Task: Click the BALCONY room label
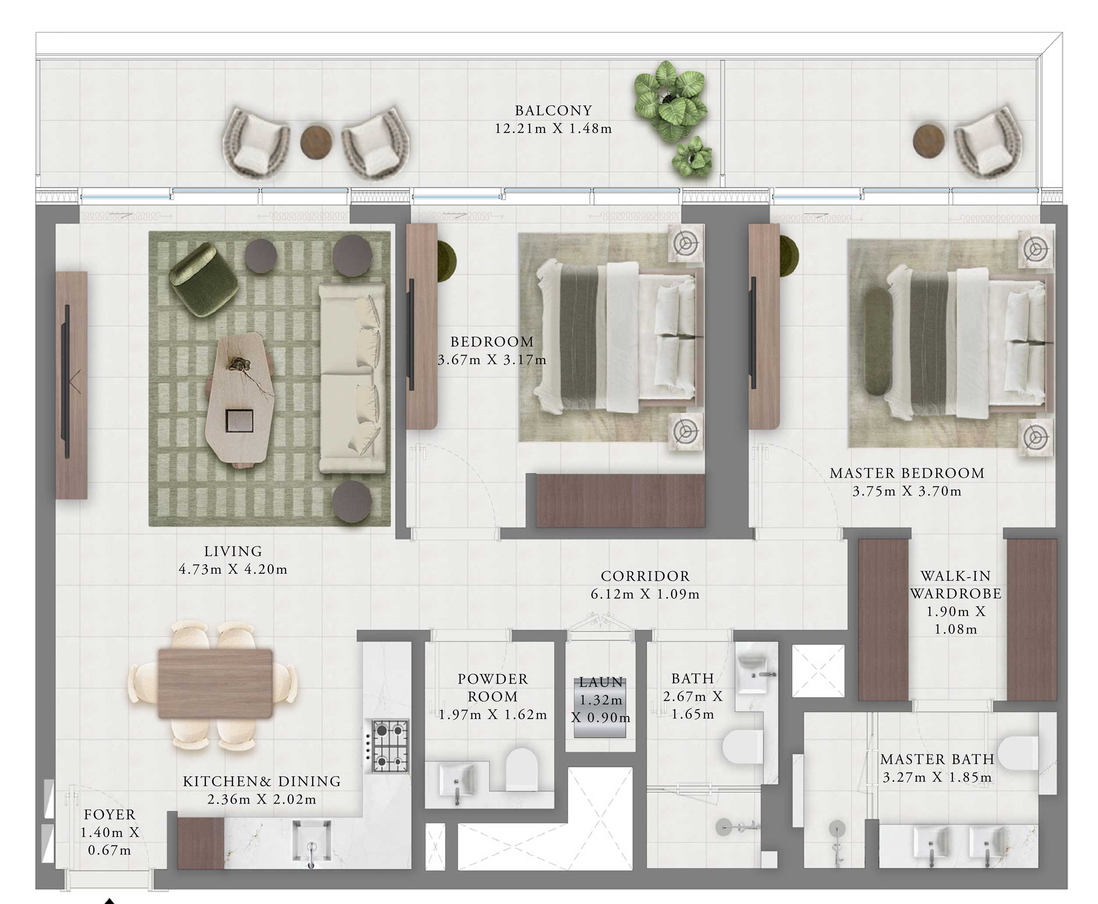pyautogui.click(x=553, y=111)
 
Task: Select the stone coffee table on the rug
pyautogui.click(x=239, y=398)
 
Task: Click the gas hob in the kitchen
pyautogui.click(x=390, y=746)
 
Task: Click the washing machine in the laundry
pyautogui.click(x=600, y=707)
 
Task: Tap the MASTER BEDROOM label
pyautogui.click(x=906, y=473)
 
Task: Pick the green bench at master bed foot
pyautogui.click(x=877, y=341)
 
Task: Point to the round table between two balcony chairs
pyautogui.click(x=316, y=141)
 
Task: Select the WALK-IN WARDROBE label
pyautogui.click(x=955, y=585)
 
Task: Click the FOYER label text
pyautogui.click(x=109, y=815)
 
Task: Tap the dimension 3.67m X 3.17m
pyautogui.click(x=492, y=360)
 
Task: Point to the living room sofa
pyautogui.click(x=353, y=378)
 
